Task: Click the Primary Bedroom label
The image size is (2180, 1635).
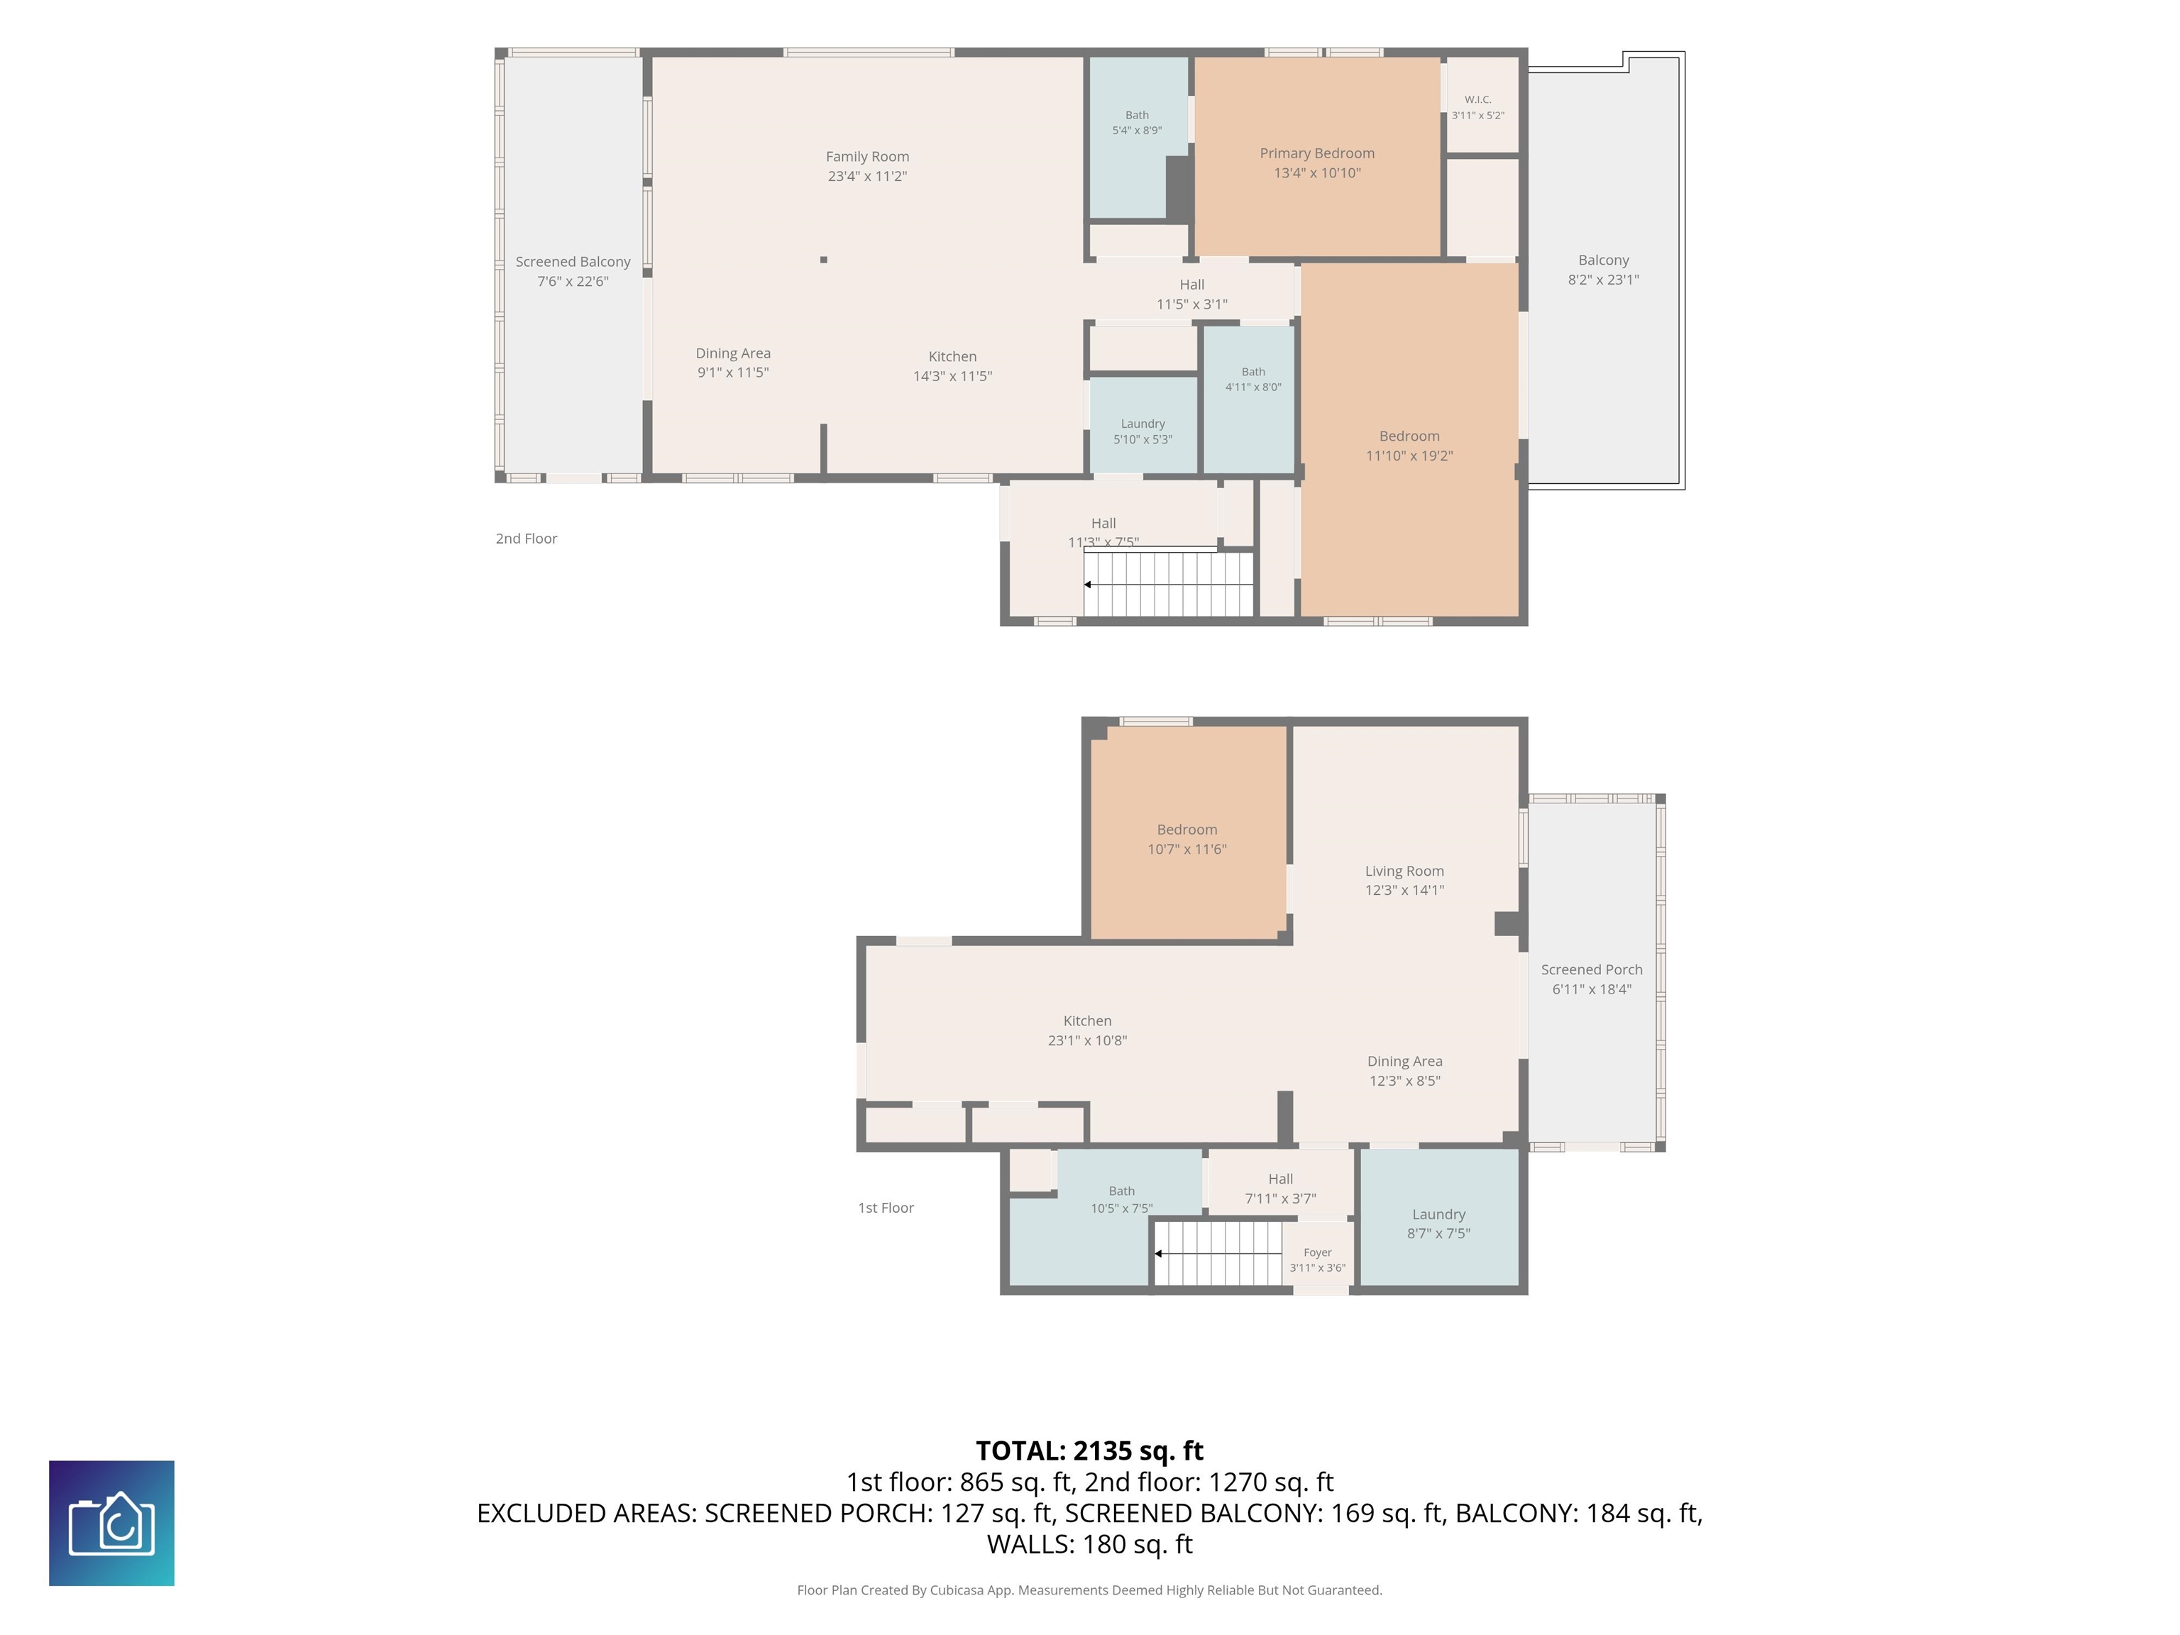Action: click(1316, 153)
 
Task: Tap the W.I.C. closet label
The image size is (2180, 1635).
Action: click(1477, 99)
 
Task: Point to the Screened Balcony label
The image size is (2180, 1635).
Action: click(573, 261)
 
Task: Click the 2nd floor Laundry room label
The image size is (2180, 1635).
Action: click(1143, 424)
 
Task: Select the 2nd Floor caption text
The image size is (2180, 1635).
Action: click(527, 538)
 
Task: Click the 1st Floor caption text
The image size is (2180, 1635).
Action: click(886, 1207)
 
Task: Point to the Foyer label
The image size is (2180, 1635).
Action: click(1318, 1253)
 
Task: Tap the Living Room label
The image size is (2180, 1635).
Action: click(1404, 870)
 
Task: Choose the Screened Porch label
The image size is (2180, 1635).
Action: click(1592, 969)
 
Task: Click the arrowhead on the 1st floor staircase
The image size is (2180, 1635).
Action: click(1159, 1254)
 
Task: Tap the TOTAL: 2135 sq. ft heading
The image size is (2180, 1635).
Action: click(1089, 1450)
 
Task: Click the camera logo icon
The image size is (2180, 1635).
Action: click(111, 1524)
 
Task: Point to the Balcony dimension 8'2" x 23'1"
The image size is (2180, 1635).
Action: click(1604, 280)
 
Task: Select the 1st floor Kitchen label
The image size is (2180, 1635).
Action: click(1087, 1021)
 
